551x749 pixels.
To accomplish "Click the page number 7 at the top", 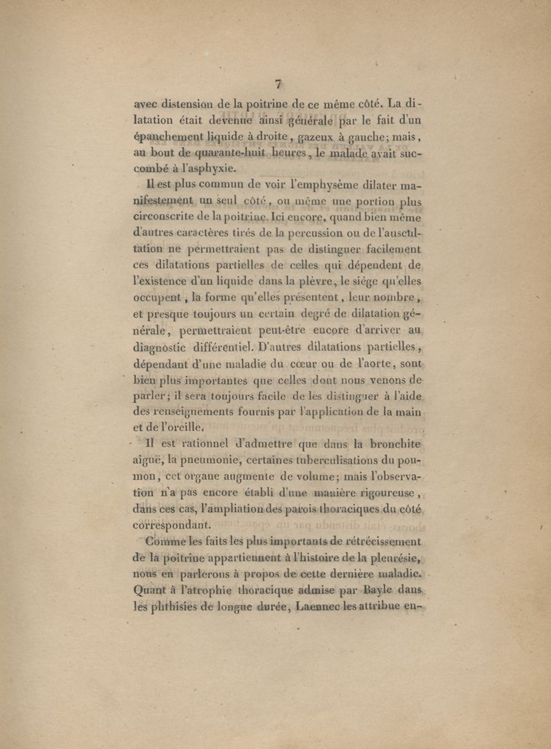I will click(x=279, y=84).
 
